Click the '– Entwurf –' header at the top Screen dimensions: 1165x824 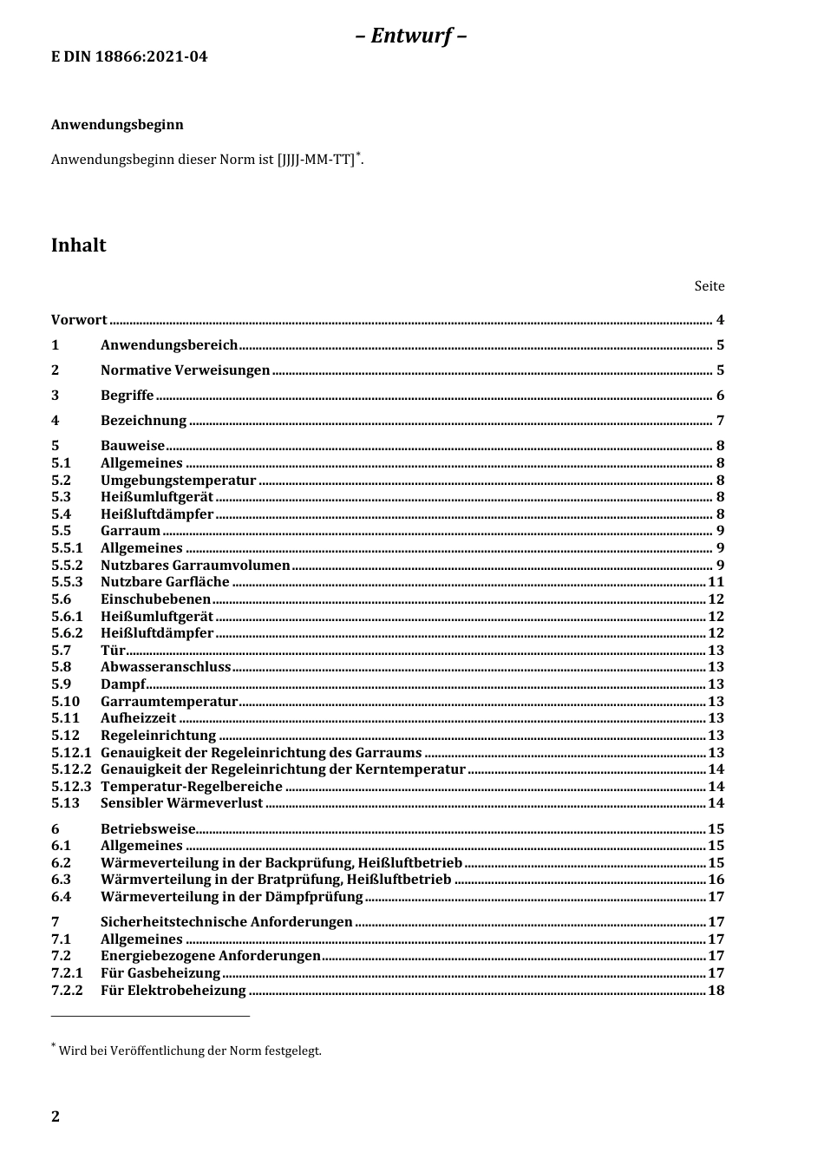411,36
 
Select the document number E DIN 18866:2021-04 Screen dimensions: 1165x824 129,57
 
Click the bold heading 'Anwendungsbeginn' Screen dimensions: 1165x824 117,125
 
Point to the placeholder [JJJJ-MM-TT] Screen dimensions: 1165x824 316,160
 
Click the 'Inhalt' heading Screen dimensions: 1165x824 78,245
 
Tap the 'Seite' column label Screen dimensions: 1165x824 709,286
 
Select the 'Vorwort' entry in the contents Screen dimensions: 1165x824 79,320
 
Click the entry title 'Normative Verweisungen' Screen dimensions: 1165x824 185,370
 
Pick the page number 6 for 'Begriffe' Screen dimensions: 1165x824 720,396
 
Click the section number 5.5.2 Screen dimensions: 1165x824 67,566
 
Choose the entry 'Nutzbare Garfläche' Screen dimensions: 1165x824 165,582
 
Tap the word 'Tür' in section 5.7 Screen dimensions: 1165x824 113,651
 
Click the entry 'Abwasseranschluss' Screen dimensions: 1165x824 166,667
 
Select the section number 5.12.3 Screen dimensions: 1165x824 70,787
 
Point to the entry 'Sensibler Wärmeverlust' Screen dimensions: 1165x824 181,803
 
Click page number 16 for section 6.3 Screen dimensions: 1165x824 716,880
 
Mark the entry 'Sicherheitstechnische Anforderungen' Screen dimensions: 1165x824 226,922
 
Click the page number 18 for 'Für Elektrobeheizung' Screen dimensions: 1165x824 716,991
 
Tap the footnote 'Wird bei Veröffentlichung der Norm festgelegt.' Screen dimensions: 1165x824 189,1051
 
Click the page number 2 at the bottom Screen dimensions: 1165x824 56,1116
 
